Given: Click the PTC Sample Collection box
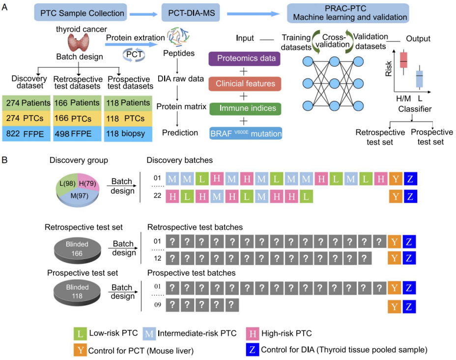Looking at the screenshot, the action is pyautogui.click(x=81, y=12).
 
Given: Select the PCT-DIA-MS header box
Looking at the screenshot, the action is pyautogui.click(x=191, y=13).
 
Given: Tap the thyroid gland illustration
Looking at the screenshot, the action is pyautogui.click(x=78, y=42).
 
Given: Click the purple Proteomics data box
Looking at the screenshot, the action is pyautogui.click(x=244, y=59).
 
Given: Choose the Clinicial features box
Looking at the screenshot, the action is pyautogui.click(x=245, y=84).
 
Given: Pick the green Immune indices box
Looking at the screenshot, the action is pyautogui.click(x=245, y=109).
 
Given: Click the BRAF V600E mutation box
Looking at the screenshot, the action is pyautogui.click(x=246, y=133).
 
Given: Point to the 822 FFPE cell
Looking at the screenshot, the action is pyautogui.click(x=26, y=134).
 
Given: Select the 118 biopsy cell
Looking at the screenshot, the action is pyautogui.click(x=128, y=134).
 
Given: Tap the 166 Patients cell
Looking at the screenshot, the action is pyautogui.click(x=77, y=103).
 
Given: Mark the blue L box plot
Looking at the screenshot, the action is pyautogui.click(x=419, y=78).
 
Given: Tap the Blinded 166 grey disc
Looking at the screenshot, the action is pyautogui.click(x=77, y=250).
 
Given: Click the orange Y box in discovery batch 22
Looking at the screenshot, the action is pyautogui.click(x=396, y=196).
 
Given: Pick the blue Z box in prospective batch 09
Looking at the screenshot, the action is pyautogui.click(x=409, y=306).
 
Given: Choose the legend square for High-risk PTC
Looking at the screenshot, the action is pyautogui.click(x=253, y=333).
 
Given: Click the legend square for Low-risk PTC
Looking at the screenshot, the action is pyautogui.click(x=80, y=333).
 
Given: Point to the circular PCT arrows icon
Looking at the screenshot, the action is pyautogui.click(x=134, y=55).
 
